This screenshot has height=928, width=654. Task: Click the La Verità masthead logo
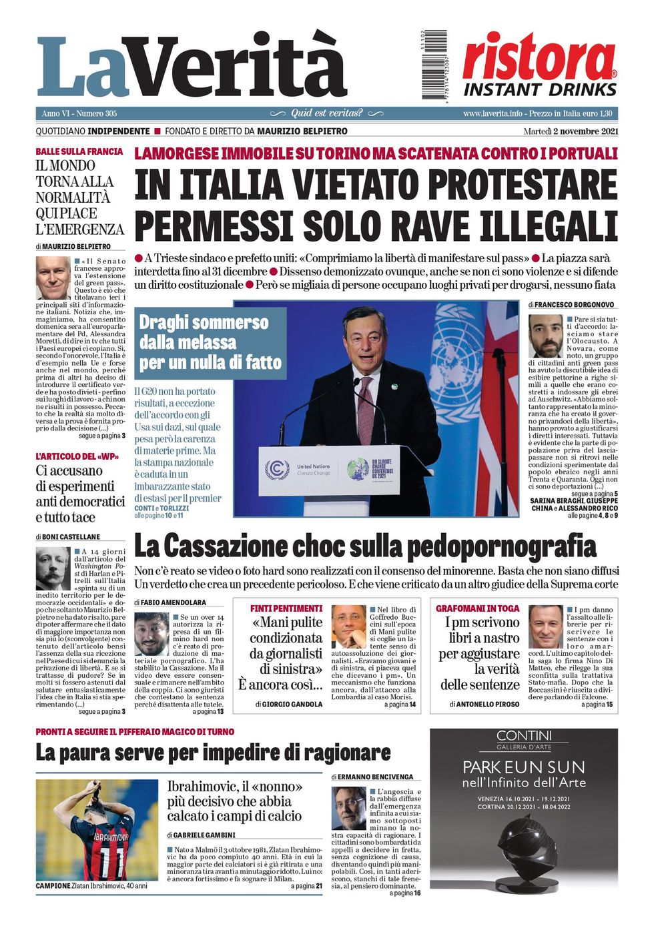click(x=192, y=67)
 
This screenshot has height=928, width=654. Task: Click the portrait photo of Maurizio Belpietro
click(x=53, y=278)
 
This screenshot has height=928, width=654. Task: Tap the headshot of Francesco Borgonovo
click(x=545, y=336)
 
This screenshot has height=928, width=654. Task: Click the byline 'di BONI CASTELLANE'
click(x=68, y=536)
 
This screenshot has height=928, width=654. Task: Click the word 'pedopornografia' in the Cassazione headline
click(x=501, y=547)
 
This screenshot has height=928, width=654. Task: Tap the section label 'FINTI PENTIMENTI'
click(x=286, y=608)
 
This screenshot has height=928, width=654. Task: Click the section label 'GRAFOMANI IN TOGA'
click(x=477, y=608)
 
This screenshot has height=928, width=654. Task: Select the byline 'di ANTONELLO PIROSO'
click(x=484, y=704)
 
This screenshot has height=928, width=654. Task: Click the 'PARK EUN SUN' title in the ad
click(x=523, y=767)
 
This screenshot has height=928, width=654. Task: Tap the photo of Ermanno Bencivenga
click(x=348, y=808)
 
